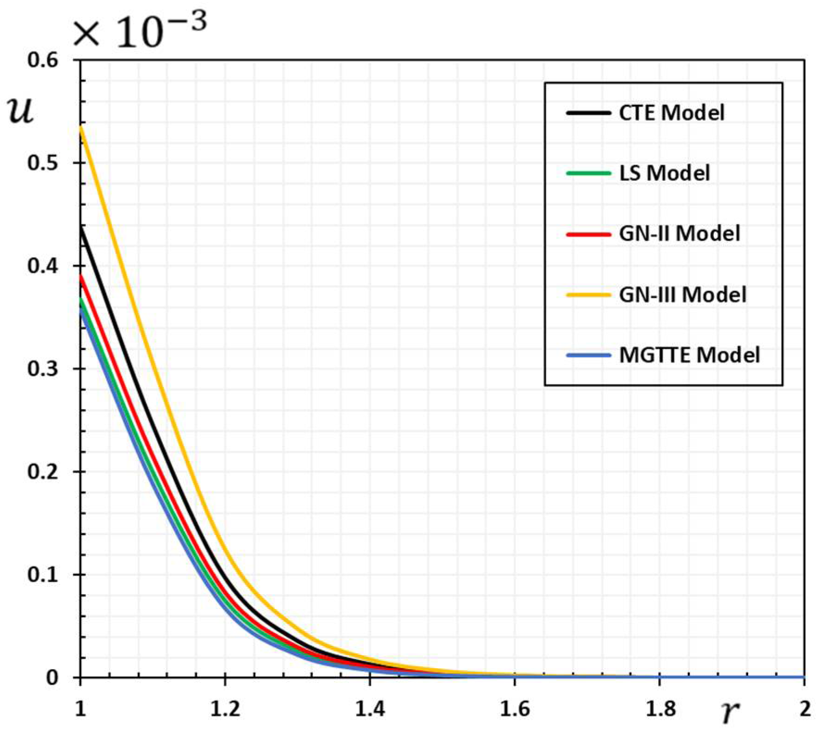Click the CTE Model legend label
(x=671, y=113)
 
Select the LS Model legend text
(x=664, y=173)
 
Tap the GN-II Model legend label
(x=679, y=234)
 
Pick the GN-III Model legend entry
(x=682, y=295)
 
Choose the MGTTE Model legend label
(x=689, y=355)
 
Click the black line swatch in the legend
(x=588, y=113)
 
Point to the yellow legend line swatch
(x=588, y=295)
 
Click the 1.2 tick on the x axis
(x=225, y=708)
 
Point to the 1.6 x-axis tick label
(x=514, y=708)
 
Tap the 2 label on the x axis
(x=805, y=708)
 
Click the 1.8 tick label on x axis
(x=659, y=708)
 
